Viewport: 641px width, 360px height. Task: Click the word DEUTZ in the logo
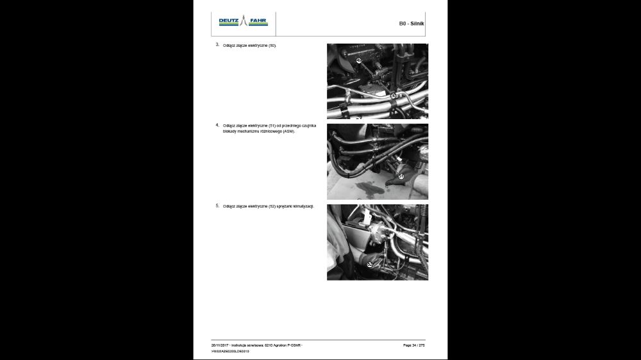tap(228, 21)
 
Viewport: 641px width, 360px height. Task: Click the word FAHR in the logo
tap(259, 21)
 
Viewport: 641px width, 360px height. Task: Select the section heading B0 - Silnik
tap(412, 24)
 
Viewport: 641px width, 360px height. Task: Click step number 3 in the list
tap(217, 45)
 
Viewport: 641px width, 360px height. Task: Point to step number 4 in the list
tap(217, 125)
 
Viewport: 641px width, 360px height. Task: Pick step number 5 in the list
tap(217, 206)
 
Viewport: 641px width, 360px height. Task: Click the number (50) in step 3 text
tap(272, 46)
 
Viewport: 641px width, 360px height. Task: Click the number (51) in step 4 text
tap(272, 126)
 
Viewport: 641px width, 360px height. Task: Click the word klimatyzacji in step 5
tap(301, 207)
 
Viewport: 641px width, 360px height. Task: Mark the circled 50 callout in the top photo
tap(394, 95)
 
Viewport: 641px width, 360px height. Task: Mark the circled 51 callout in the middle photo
tap(401, 176)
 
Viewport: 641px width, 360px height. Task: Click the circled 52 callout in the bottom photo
tap(370, 263)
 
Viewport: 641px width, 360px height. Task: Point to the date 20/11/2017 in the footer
tap(220, 345)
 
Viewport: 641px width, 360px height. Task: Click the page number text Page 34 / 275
tap(413, 345)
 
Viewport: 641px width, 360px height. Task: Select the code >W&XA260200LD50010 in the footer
tap(230, 352)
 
